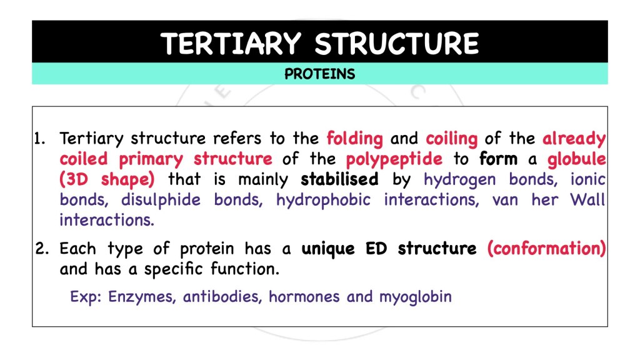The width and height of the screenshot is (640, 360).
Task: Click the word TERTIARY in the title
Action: [232, 43]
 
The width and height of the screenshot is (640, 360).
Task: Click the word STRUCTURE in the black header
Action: [397, 43]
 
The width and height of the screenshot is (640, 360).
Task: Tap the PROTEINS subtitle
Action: [319, 74]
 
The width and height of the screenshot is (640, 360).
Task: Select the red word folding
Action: [354, 138]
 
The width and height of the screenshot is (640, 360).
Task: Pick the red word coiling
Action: [451, 138]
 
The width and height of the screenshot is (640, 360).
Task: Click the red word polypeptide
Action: [394, 159]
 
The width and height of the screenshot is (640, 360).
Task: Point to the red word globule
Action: [576, 159]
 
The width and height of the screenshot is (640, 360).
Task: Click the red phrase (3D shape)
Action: [107, 179]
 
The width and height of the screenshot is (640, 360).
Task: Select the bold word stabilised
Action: [339, 179]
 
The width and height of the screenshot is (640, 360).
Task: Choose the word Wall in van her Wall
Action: [587, 200]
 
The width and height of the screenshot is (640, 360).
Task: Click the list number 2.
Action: [42, 249]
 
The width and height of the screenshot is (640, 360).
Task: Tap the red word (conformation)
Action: [546, 249]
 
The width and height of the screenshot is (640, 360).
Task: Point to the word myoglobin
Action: [415, 296]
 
